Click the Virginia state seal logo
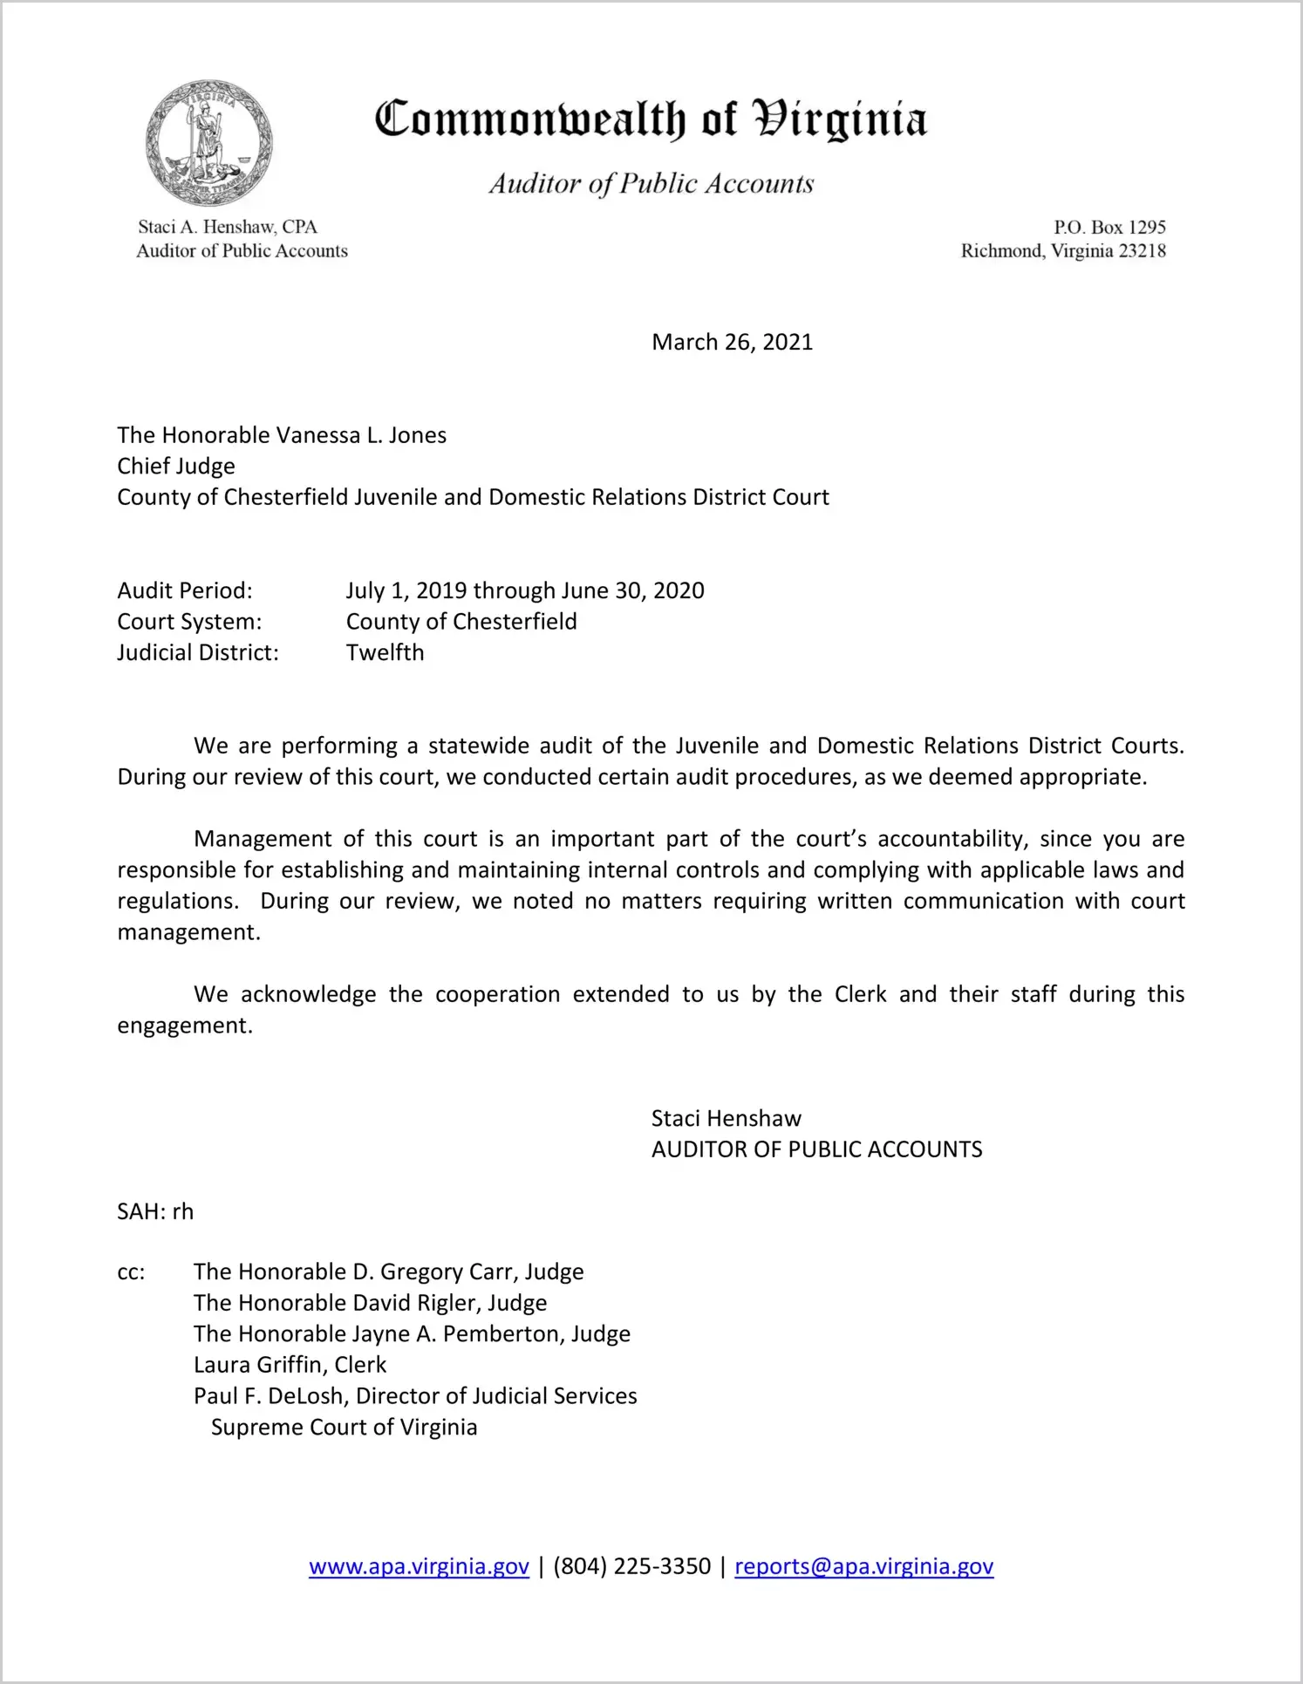(x=209, y=143)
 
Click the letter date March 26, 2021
(x=732, y=342)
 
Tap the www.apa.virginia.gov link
(x=419, y=1566)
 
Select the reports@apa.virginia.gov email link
(x=863, y=1566)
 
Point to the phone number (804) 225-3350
(x=631, y=1566)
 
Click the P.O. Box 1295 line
(x=1109, y=227)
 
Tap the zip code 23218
(x=1142, y=251)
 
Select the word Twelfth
(x=385, y=652)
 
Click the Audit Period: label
(x=185, y=590)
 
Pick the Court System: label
(x=189, y=622)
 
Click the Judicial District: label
(x=198, y=652)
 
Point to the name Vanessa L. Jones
(x=361, y=435)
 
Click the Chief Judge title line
(x=176, y=466)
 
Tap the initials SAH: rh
(x=155, y=1211)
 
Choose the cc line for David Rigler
(x=371, y=1303)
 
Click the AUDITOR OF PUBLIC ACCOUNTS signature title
(x=816, y=1149)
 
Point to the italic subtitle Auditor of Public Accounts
(x=651, y=184)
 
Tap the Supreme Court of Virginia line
(x=344, y=1428)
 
